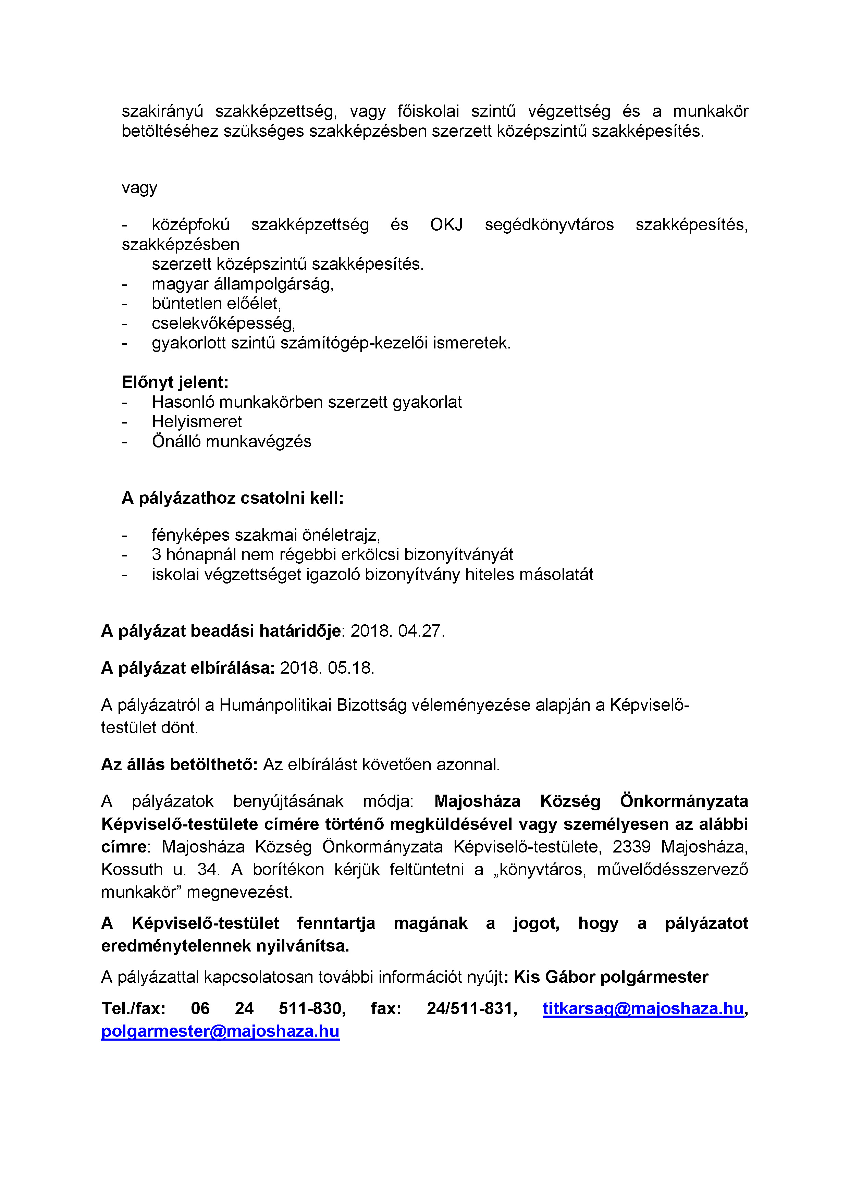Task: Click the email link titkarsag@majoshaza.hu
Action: [643, 1008]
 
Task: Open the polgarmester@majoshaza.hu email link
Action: [220, 1031]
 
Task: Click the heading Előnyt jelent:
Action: [175, 382]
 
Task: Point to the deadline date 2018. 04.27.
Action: [397, 631]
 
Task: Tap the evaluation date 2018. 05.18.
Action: [327, 668]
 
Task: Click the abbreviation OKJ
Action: [446, 224]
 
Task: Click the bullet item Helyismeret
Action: [197, 421]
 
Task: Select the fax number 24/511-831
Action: [471, 1008]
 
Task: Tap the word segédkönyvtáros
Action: [549, 224]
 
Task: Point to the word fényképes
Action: [191, 535]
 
